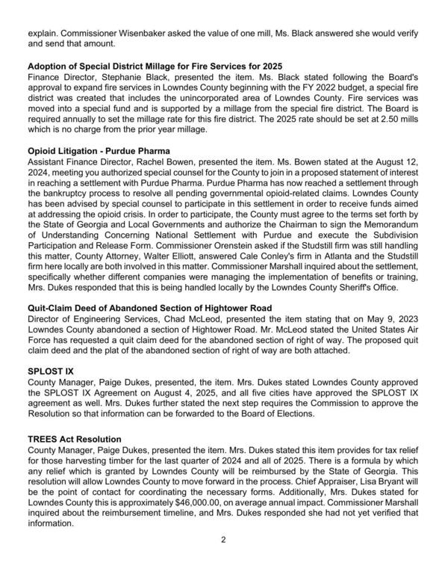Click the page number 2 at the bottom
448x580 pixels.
click(x=223, y=561)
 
